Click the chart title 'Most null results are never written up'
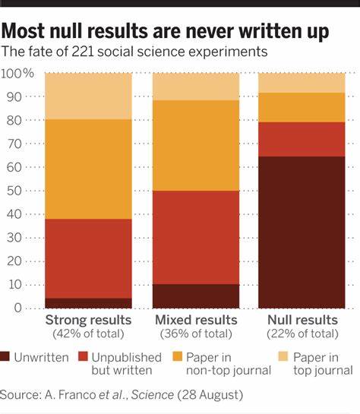pyautogui.click(x=165, y=31)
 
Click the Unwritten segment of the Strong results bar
pyautogui.click(x=88, y=302)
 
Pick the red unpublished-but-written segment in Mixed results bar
pyautogui.click(x=196, y=237)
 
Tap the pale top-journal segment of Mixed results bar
pyautogui.click(x=196, y=87)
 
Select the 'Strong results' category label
pyautogui.click(x=88, y=320)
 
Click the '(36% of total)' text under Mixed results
pyautogui.click(x=196, y=333)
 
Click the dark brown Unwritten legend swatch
pyautogui.click(x=6, y=356)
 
